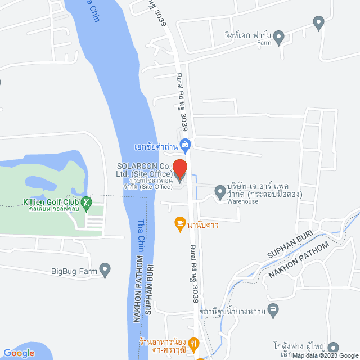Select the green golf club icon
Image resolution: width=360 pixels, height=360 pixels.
86,202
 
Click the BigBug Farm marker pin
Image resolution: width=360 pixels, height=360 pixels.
105,270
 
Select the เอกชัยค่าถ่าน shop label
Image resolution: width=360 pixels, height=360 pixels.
156,147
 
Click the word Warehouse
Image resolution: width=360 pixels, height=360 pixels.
242,201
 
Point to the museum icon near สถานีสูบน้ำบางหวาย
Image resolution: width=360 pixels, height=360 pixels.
273,309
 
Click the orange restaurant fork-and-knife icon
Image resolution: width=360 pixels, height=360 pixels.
193,342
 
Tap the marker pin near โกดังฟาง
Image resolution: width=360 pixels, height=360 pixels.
333,347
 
